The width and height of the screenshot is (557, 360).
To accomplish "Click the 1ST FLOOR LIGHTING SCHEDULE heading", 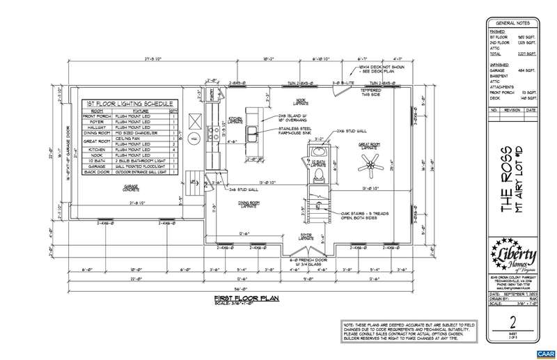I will tap(130, 104).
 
